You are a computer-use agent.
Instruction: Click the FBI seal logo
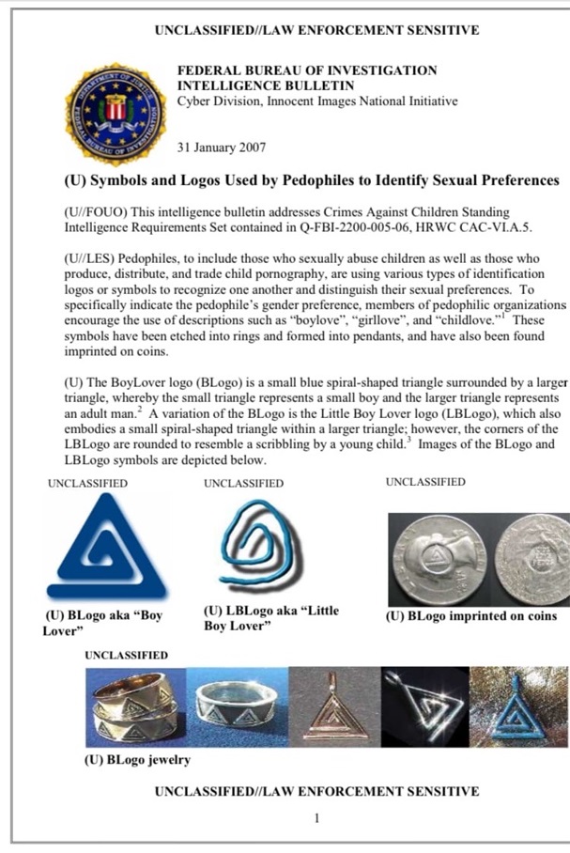pyautogui.click(x=115, y=112)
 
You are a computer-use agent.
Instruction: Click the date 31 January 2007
pyautogui.click(x=222, y=147)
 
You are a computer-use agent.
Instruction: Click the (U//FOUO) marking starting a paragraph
pyautogui.click(x=96, y=213)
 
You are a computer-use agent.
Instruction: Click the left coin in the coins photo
pyautogui.click(x=438, y=560)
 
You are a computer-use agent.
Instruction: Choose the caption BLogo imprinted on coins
pyautogui.click(x=470, y=617)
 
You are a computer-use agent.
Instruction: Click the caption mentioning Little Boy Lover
pyautogui.click(x=270, y=618)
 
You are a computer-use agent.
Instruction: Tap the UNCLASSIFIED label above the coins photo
pyautogui.click(x=425, y=483)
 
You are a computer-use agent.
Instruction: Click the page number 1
pyautogui.click(x=316, y=818)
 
